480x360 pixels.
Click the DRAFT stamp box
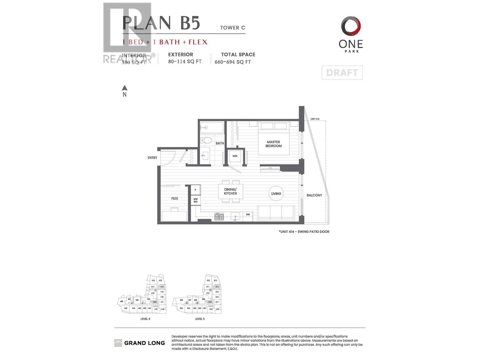[x=342, y=73]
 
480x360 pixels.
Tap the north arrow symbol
[x=124, y=88]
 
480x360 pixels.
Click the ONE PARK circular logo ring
[x=351, y=26]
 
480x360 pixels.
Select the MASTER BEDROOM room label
[x=273, y=144]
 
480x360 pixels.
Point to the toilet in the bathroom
[x=206, y=140]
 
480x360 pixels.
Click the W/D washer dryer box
[x=235, y=156]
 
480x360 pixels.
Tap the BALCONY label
[x=314, y=195]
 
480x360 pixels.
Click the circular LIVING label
[x=276, y=193]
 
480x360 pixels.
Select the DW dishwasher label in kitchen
[x=248, y=214]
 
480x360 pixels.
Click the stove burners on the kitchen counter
[x=219, y=216]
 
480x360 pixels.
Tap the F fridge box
[x=196, y=190]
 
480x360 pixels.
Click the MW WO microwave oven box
[x=196, y=200]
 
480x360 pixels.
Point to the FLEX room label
[x=175, y=198]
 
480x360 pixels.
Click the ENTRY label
[x=152, y=158]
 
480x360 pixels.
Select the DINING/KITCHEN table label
[x=230, y=191]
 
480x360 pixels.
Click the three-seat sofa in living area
[x=276, y=212]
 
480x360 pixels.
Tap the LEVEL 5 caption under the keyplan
[x=200, y=319]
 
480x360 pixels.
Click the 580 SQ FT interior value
[x=134, y=62]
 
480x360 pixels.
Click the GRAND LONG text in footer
[x=144, y=343]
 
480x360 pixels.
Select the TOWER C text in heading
[x=232, y=28]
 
